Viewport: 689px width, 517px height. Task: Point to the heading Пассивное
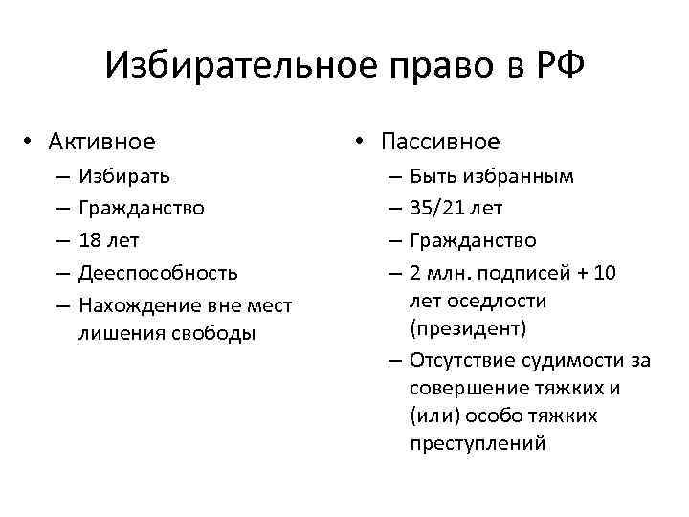click(x=439, y=142)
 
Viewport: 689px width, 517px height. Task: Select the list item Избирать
click(x=125, y=176)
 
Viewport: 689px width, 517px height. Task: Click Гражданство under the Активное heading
click(x=141, y=207)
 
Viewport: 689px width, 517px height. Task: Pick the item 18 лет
click(x=108, y=239)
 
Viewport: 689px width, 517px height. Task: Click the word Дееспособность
click(x=158, y=273)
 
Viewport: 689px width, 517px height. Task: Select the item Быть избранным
click(x=492, y=176)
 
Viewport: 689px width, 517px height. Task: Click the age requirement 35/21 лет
click(x=456, y=207)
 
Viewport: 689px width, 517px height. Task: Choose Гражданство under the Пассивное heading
click(x=472, y=239)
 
